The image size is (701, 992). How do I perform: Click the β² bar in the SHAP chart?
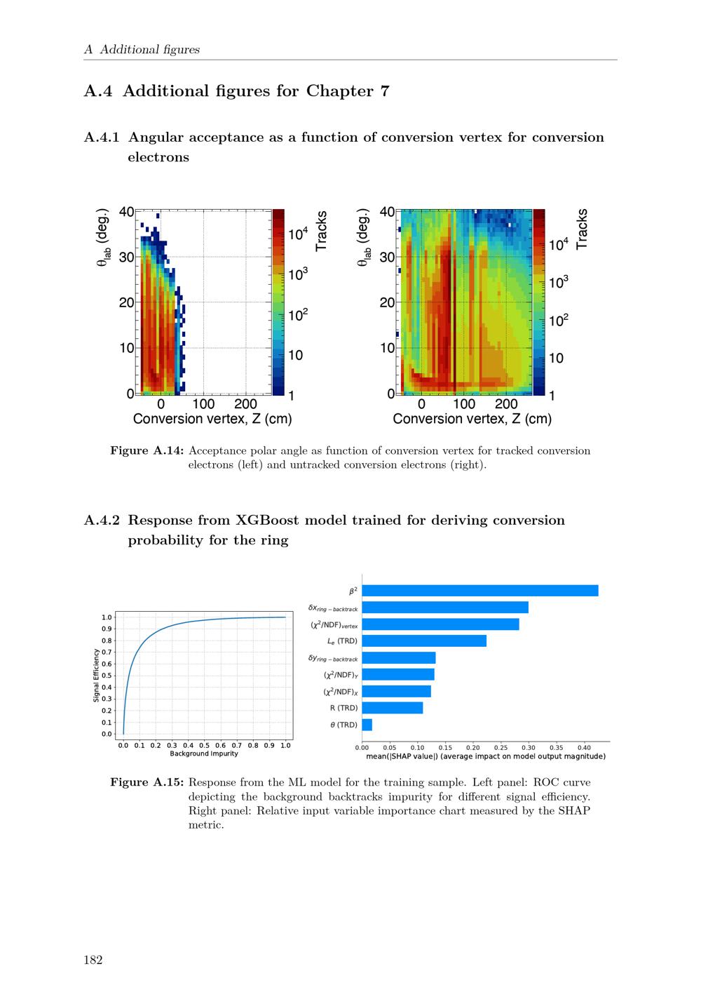pyautogui.click(x=480, y=591)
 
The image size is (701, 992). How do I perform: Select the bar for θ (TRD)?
pyautogui.click(x=367, y=725)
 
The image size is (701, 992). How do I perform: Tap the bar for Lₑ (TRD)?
pyautogui.click(x=424, y=641)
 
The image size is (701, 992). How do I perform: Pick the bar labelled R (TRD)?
pyautogui.click(x=393, y=708)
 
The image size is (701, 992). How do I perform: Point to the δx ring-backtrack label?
pyautogui.click(x=333, y=608)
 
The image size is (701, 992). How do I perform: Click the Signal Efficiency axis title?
pyautogui.click(x=96, y=676)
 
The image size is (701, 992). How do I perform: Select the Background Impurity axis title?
pyautogui.click(x=204, y=754)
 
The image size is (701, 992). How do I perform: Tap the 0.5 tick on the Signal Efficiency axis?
pyautogui.click(x=107, y=676)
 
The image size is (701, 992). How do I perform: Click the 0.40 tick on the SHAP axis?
pyautogui.click(x=583, y=748)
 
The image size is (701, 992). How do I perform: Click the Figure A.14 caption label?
pyautogui.click(x=147, y=450)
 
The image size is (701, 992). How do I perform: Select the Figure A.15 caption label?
pyautogui.click(x=147, y=782)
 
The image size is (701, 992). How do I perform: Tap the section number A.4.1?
pyautogui.click(x=102, y=138)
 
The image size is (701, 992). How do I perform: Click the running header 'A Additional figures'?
pyautogui.click(x=142, y=50)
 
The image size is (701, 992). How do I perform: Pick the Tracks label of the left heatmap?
pyautogui.click(x=322, y=231)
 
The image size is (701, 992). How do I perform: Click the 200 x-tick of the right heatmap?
pyautogui.click(x=506, y=405)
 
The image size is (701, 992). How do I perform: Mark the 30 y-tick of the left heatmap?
pyautogui.click(x=126, y=257)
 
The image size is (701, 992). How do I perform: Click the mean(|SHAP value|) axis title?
pyautogui.click(x=486, y=756)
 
